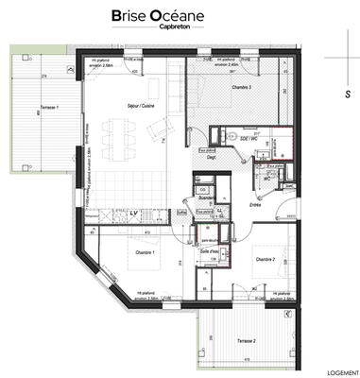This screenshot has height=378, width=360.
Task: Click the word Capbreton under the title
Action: (179, 27)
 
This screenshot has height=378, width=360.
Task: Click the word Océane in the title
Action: (197, 15)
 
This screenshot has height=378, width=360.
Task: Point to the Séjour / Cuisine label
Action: (127, 106)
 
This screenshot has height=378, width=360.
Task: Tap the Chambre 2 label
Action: (264, 258)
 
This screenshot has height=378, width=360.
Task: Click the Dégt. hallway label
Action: (214, 158)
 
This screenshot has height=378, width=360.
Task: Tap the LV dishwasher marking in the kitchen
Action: (133, 214)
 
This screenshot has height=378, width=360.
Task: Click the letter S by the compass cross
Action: (348, 94)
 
